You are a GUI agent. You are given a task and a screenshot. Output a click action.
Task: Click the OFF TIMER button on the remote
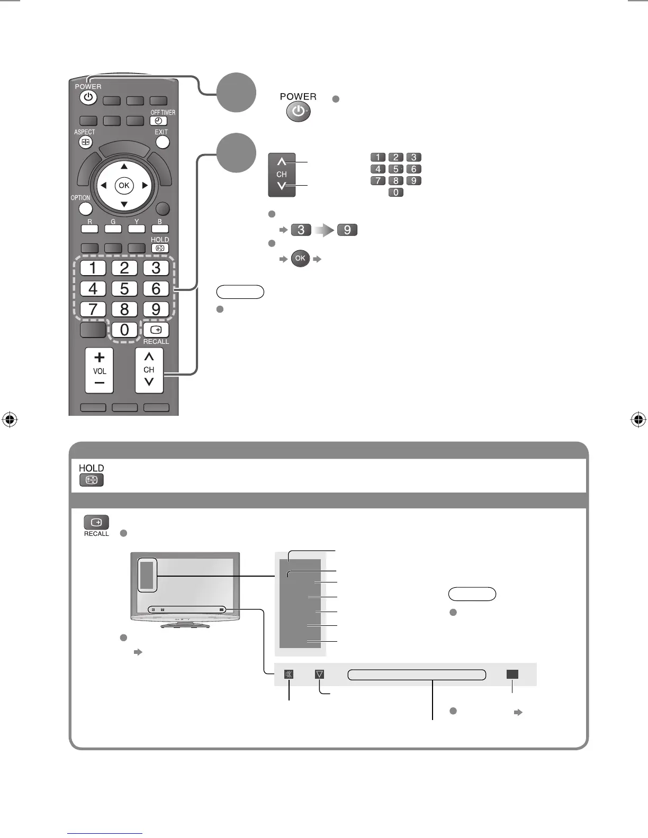tap(158, 121)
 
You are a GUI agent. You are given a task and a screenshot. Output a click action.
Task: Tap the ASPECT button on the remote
tap(86, 142)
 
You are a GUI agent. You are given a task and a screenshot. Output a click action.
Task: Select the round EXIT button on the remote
tap(163, 142)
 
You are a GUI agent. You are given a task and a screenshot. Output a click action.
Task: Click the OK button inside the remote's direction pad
tap(124, 185)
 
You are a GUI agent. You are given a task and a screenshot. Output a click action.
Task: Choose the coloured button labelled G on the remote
tap(113, 229)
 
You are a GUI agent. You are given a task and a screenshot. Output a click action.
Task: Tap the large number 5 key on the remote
tap(124, 289)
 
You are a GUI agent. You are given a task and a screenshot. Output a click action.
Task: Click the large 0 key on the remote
tap(124, 330)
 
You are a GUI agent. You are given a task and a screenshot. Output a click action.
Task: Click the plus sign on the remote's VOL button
tap(100, 358)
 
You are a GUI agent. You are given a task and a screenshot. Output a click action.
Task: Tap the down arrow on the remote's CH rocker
tap(149, 381)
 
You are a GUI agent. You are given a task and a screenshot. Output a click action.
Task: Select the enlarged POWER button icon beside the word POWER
tap(299, 112)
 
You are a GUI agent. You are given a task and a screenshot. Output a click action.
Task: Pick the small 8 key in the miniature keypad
tap(395, 181)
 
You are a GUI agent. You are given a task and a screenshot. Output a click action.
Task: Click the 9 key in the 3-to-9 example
tap(347, 230)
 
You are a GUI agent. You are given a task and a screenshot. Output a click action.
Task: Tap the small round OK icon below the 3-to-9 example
tap(300, 259)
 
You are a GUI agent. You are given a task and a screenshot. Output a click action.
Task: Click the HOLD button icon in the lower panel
tap(92, 480)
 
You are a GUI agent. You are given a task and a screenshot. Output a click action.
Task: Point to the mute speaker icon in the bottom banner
tap(289, 675)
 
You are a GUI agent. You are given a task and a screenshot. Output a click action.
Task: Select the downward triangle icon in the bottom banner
tap(319, 675)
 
